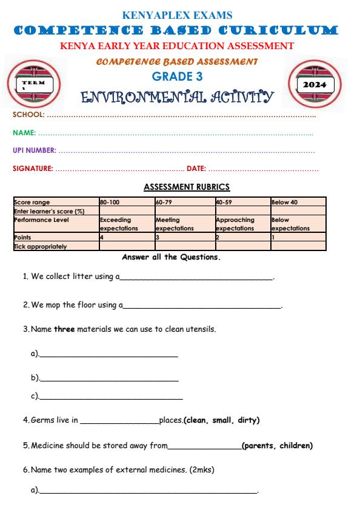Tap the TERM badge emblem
click(x=35, y=82)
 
